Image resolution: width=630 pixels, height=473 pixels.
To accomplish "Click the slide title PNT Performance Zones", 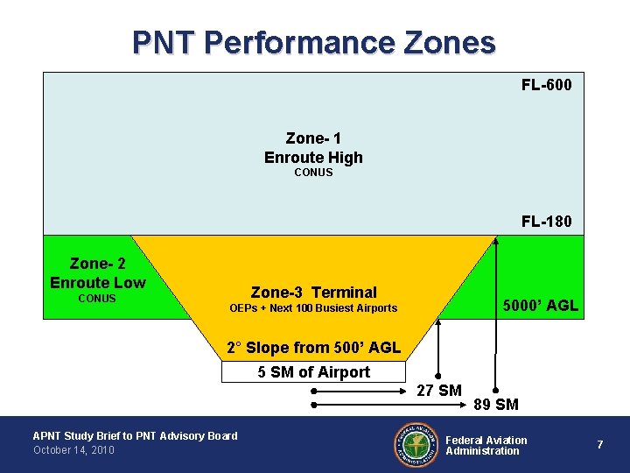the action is click(314, 42).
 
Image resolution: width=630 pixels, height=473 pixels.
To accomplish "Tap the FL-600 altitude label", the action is click(546, 85).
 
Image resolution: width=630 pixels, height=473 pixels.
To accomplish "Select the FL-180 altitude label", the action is click(546, 221).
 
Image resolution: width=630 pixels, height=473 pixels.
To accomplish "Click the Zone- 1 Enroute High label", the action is click(313, 148).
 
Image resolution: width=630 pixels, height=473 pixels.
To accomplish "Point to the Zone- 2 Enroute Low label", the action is click(97, 272).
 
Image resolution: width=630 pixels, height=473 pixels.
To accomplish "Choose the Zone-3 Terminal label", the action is click(313, 293).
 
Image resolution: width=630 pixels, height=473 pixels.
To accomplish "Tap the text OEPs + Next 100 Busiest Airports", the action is click(313, 308).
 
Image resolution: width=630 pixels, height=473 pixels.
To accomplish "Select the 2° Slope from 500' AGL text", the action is click(313, 348).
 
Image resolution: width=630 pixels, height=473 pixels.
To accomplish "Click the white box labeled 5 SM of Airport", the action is click(313, 372).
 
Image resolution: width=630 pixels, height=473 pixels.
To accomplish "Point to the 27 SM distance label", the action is click(438, 391).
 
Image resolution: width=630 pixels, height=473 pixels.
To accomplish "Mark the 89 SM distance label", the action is click(495, 405).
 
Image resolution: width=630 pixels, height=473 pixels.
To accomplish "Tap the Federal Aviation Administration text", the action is click(486, 445).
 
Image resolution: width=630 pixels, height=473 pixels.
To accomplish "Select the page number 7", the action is click(599, 445).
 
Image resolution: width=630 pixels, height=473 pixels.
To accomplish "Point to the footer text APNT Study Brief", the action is click(135, 435).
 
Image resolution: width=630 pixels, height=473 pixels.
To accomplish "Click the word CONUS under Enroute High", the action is click(313, 173).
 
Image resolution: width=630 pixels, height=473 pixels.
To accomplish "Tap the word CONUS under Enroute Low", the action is click(97, 299).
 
